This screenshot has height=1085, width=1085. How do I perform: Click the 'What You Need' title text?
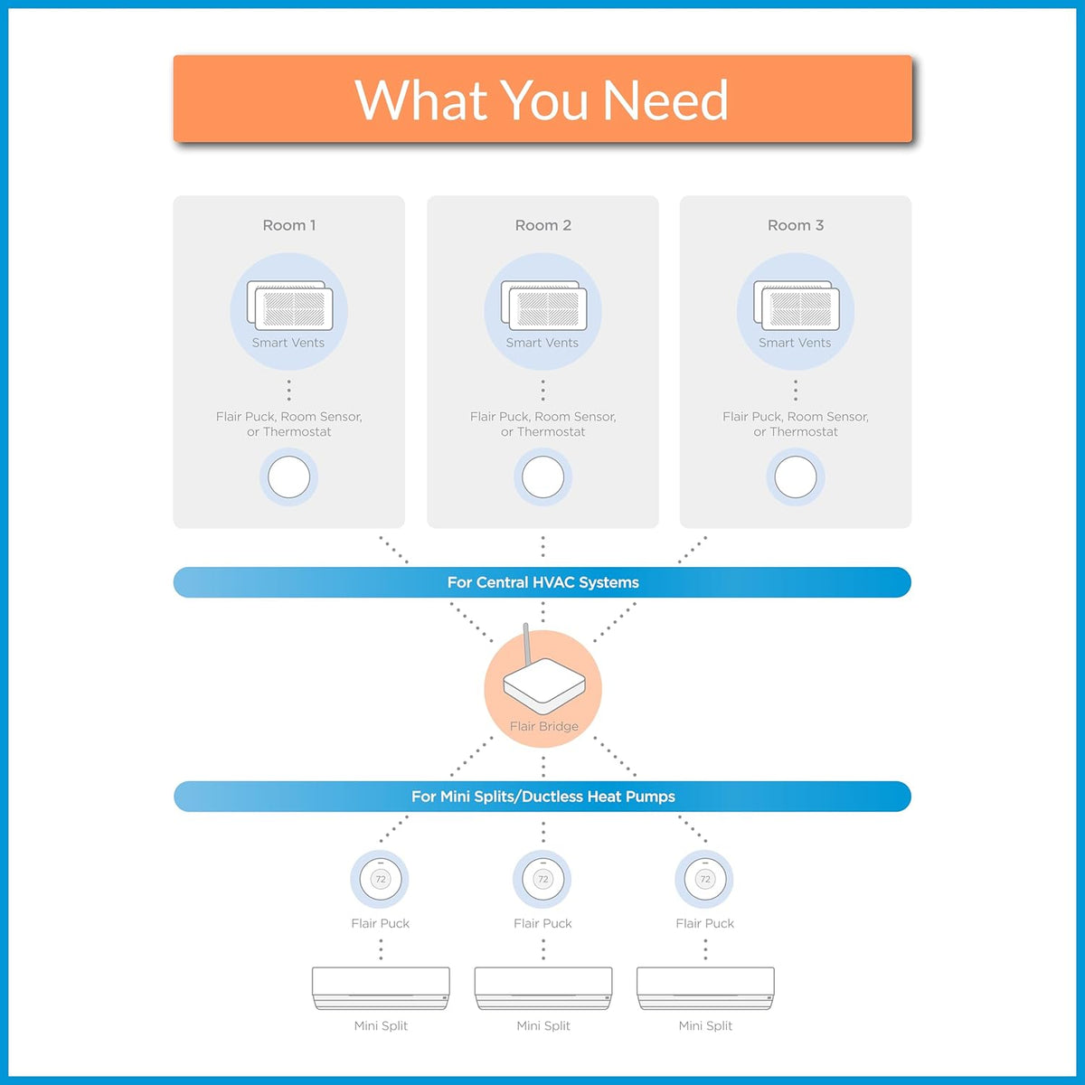click(x=542, y=99)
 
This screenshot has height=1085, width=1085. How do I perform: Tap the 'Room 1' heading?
click(x=288, y=225)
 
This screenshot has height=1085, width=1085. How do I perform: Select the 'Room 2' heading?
click(x=542, y=225)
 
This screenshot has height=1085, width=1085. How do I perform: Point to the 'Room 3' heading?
click(x=796, y=225)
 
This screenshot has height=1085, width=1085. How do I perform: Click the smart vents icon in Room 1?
click(x=289, y=306)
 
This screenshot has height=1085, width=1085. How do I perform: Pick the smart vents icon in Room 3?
click(x=797, y=306)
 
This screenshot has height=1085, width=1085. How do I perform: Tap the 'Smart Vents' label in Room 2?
click(x=542, y=343)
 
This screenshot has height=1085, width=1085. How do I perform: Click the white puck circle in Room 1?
click(x=288, y=476)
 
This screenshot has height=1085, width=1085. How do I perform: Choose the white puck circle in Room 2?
click(x=542, y=476)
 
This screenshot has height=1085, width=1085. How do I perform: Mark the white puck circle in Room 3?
click(x=796, y=476)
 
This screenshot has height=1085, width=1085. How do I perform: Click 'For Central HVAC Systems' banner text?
click(x=542, y=582)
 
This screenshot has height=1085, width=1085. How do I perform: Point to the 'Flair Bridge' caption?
click(x=544, y=726)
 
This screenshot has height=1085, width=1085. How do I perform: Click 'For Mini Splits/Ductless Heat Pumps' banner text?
click(x=542, y=797)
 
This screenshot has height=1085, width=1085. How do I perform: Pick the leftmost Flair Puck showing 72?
click(x=381, y=879)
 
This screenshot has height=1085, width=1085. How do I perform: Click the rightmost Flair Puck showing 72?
click(x=705, y=879)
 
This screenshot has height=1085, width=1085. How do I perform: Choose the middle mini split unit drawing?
click(x=543, y=989)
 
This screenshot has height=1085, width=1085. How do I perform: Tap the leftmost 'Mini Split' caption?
click(x=381, y=1026)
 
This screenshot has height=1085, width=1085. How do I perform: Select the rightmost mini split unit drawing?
click(x=705, y=989)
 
